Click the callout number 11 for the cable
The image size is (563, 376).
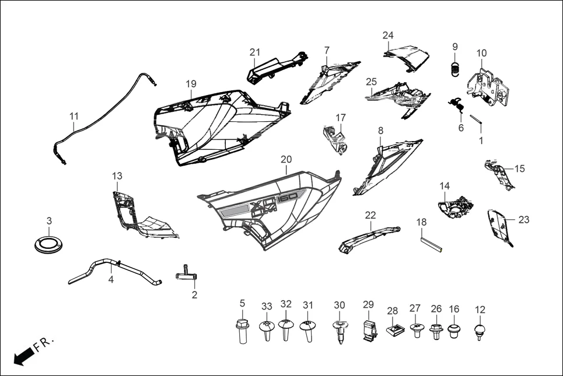(74, 117)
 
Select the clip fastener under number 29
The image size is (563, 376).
(368, 331)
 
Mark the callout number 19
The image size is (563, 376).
(191, 84)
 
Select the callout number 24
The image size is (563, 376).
(388, 35)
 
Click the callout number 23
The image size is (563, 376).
(524, 220)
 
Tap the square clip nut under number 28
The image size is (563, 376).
(393, 331)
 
